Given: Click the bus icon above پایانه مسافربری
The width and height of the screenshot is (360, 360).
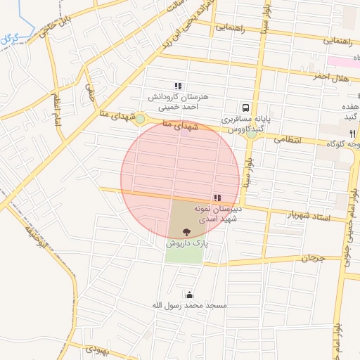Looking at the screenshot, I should pyautogui.click(x=246, y=108).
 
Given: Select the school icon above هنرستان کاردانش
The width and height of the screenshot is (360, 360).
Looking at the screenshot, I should pyautogui.click(x=179, y=86).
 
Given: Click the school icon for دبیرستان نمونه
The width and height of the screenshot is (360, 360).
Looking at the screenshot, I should pyautogui.click(x=216, y=198).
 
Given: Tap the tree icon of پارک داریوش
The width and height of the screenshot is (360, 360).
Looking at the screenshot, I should pyautogui.click(x=186, y=232).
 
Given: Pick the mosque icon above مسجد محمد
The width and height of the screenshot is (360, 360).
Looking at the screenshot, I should pyautogui.click(x=188, y=295).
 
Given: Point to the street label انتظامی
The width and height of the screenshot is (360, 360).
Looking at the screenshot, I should pyautogui.click(x=285, y=140).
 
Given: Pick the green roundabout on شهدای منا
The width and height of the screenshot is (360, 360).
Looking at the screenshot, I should pyautogui.click(x=140, y=119).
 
